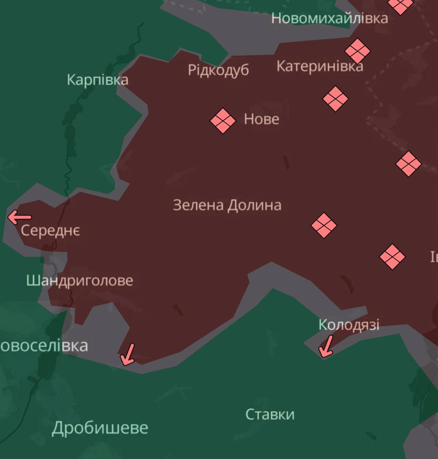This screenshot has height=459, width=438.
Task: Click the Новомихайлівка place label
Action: [x=329, y=18]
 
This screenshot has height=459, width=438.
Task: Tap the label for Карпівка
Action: [x=98, y=80]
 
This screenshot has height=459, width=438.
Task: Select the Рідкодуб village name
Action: [x=218, y=70]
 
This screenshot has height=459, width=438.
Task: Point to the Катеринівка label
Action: [x=320, y=66]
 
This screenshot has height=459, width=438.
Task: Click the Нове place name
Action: [x=262, y=119]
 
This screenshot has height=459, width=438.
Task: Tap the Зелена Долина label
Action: [x=227, y=205]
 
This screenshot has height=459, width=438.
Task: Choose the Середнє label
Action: [x=50, y=230]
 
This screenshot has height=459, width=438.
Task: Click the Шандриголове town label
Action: [x=80, y=280]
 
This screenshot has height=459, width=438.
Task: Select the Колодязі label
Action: [x=349, y=325]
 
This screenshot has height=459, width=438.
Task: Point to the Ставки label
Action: [x=270, y=414]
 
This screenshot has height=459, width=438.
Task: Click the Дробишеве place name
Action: [x=100, y=428]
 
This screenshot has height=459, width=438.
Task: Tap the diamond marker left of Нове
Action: [x=223, y=120]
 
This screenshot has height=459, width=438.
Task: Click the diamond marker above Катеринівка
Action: [x=357, y=50]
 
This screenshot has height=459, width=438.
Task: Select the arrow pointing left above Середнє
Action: [x=19, y=217]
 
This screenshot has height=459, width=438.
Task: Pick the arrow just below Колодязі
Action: [x=326, y=346]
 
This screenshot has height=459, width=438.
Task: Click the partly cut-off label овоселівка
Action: [x=44, y=346]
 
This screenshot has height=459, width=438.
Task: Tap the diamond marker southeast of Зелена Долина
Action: [x=324, y=225]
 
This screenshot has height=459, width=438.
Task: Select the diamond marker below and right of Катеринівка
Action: [x=335, y=99]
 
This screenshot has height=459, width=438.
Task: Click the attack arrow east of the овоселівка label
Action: [x=128, y=354]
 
